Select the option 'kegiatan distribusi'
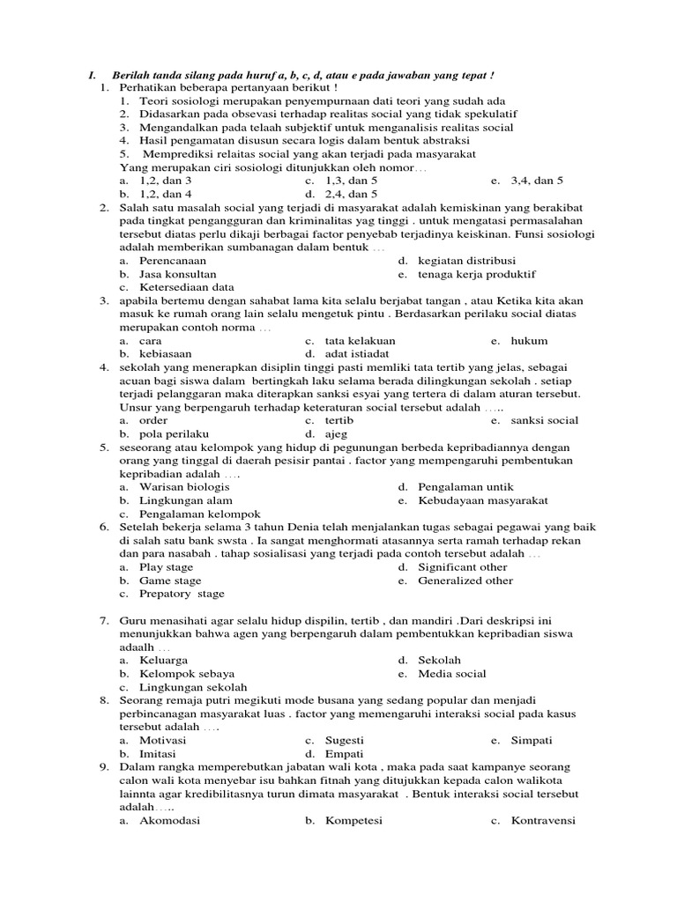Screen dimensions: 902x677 click(x=467, y=261)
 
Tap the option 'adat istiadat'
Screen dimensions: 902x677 click(x=357, y=354)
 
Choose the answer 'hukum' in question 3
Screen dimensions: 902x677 click(x=529, y=341)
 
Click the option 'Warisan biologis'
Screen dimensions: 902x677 click(x=184, y=487)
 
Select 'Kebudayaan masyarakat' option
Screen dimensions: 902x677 click(x=482, y=500)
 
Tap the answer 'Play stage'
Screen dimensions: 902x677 click(x=166, y=567)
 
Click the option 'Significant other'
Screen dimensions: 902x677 click(x=463, y=567)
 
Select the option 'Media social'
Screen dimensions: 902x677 click(x=452, y=674)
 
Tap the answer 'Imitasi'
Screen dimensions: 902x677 click(x=158, y=754)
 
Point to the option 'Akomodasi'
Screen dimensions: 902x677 click(x=170, y=821)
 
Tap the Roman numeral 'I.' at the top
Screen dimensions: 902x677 click(x=92, y=75)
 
